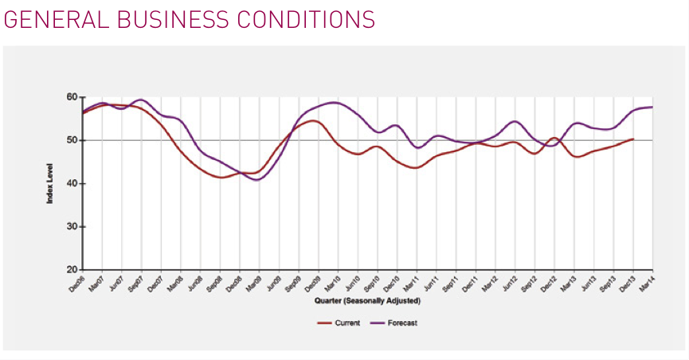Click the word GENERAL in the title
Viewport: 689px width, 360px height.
(x=51, y=20)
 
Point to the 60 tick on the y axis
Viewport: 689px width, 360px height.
(x=72, y=97)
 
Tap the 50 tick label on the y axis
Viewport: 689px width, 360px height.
(x=72, y=140)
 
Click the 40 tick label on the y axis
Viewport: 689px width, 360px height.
(x=72, y=184)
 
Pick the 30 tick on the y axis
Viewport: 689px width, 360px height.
(x=72, y=227)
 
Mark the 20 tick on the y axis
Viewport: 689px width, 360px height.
(x=72, y=270)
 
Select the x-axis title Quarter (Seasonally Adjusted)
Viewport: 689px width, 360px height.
(x=367, y=301)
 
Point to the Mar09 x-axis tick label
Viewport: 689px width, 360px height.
(x=253, y=284)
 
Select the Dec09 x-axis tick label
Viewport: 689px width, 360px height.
(x=312, y=284)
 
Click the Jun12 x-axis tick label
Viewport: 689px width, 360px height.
(x=508, y=284)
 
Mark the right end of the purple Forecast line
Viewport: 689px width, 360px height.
(x=652, y=107)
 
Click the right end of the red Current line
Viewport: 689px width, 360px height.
(x=633, y=139)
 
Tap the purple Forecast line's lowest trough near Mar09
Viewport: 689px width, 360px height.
(x=256, y=180)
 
